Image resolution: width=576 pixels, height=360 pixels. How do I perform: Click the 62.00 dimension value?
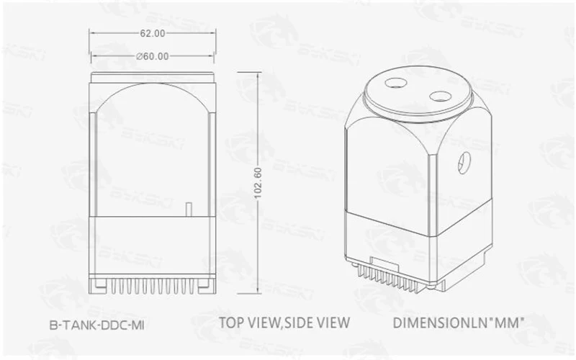[153, 33]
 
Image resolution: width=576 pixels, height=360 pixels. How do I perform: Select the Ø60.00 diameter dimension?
[153, 56]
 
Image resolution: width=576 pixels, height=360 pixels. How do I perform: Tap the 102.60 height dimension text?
[258, 183]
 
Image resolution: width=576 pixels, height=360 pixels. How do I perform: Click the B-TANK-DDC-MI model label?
[97, 325]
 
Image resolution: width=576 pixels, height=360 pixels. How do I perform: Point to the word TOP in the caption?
[232, 323]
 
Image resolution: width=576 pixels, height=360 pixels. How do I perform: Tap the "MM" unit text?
[508, 323]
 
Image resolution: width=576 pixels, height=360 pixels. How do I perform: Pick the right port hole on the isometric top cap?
[441, 97]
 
